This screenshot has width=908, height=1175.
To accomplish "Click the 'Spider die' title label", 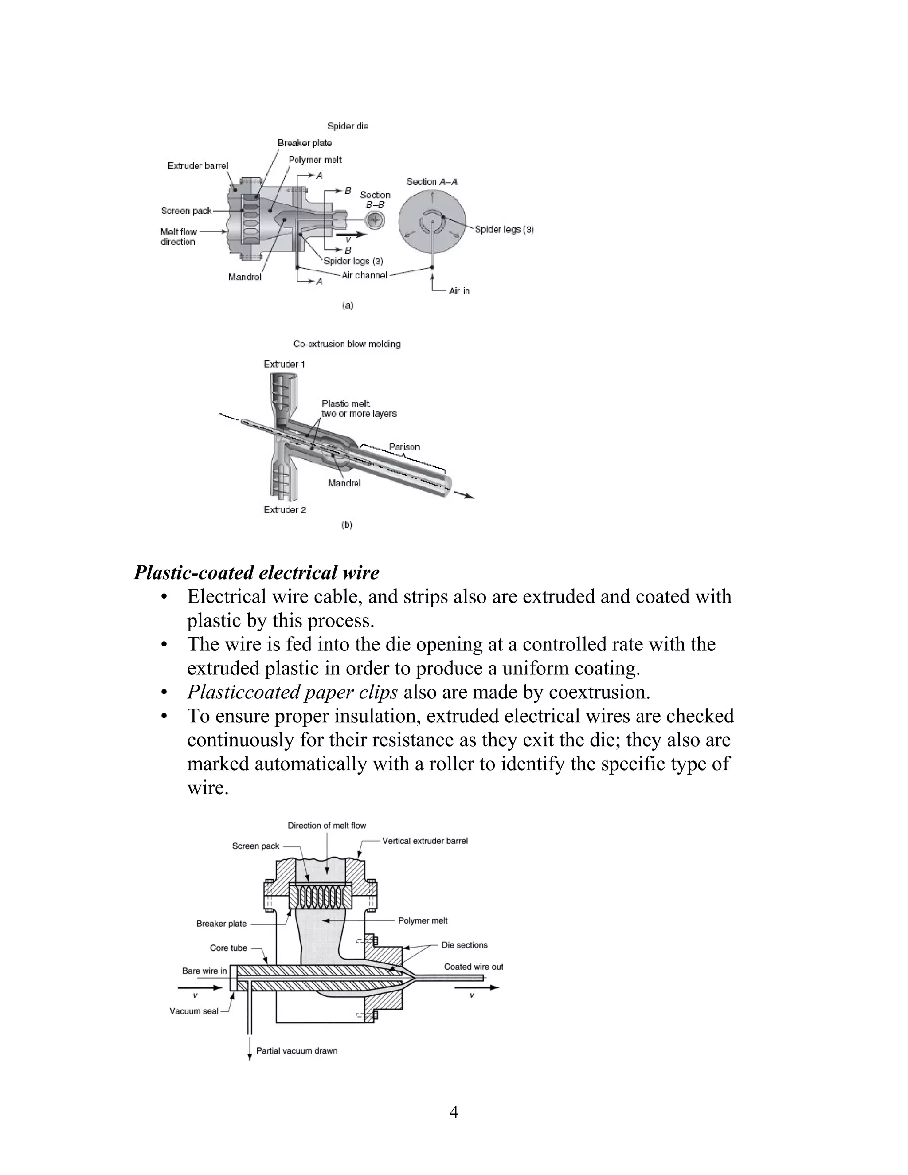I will pos(348,126).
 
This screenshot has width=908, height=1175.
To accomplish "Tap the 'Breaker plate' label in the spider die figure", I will pos(305,143).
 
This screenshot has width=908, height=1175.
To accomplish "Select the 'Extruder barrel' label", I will pos(197,166).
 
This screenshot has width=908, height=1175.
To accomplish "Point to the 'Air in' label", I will pos(459,291).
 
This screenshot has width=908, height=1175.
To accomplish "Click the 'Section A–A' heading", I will pos(431,182).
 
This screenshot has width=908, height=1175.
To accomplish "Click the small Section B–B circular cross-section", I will pos(375,219).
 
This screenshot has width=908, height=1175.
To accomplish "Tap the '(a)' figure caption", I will pos(348,305).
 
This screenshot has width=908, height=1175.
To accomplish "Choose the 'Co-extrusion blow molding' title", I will pos(347,344).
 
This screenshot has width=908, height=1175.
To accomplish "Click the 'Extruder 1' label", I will pos(284,364).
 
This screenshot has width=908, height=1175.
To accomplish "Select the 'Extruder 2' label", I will pos(285,509).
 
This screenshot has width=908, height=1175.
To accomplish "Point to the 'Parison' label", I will pos(404,446).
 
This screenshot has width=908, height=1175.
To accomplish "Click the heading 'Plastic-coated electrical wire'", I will pos(256,572).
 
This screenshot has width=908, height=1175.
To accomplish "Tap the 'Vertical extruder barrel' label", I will pos(425,841).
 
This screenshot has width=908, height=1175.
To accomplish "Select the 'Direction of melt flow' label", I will pos(326,825).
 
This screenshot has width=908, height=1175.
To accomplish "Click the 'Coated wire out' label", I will pos(474,967).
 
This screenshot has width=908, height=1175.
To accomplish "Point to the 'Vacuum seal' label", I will pos(194,1011).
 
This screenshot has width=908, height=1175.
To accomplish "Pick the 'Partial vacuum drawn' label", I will pos(297,1051).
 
